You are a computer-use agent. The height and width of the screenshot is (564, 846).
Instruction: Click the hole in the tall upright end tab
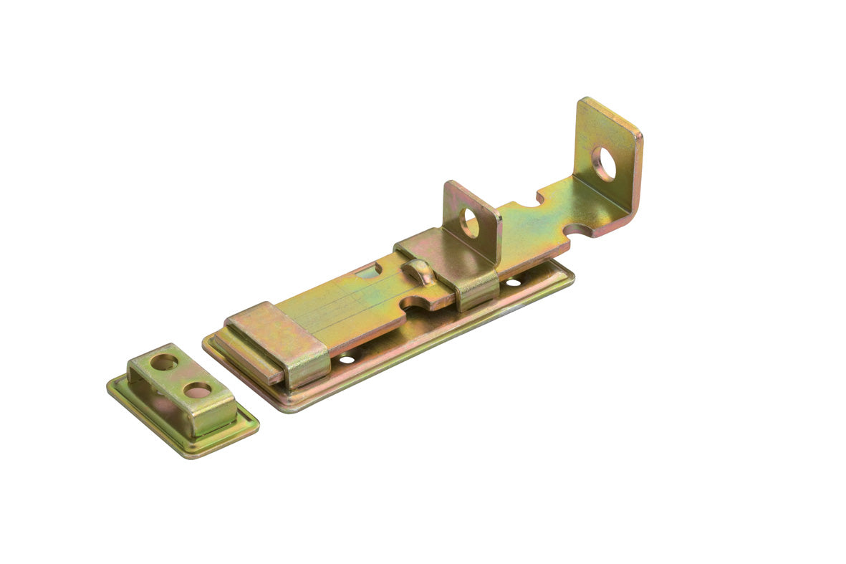click(604, 163)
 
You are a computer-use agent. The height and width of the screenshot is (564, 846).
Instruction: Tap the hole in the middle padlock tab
click(469, 222)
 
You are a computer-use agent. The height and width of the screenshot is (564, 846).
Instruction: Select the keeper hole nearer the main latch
click(197, 390)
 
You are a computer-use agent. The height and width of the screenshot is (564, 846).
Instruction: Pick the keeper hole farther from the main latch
click(164, 362)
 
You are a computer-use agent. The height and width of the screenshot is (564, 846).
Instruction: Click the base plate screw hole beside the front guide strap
click(347, 358)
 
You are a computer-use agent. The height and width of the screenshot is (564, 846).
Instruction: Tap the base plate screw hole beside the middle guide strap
click(513, 282)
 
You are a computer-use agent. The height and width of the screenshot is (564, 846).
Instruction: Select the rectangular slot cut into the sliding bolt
click(369, 271)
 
